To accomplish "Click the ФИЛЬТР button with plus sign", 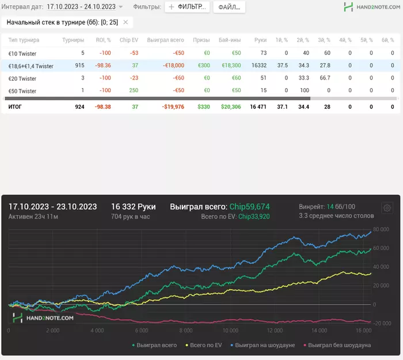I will click(x=187, y=7).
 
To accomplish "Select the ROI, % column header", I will click(x=104, y=40).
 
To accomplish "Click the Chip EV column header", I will click(x=129, y=40).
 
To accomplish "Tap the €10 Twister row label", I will click(x=22, y=53).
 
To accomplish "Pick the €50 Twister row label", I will click(x=22, y=91).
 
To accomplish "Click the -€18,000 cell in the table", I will click(x=171, y=66).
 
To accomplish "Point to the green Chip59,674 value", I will click(x=249, y=206).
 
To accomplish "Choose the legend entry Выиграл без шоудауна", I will click(x=336, y=345).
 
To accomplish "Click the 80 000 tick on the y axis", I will click(x=381, y=229).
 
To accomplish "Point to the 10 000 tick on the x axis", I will click(x=230, y=331).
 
